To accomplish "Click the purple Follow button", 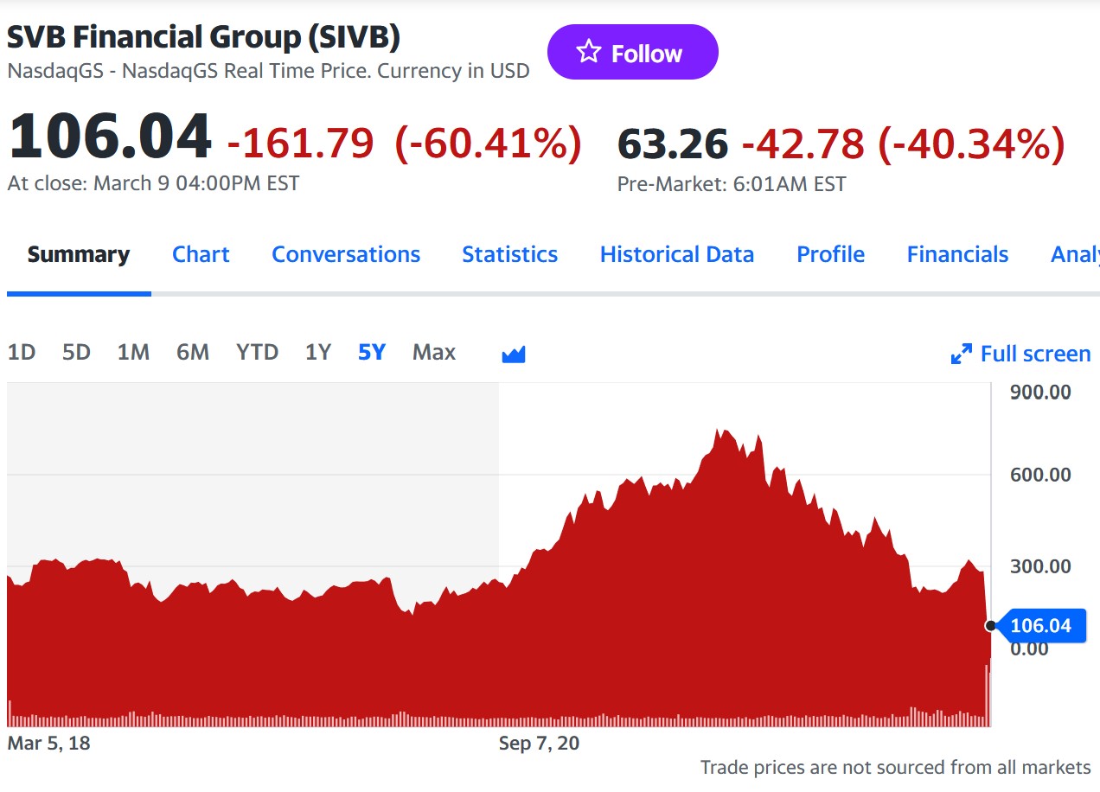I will [632, 53].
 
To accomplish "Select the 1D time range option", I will [22, 353].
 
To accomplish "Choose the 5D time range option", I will [76, 353].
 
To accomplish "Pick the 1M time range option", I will [133, 353].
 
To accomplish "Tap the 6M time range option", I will [192, 353].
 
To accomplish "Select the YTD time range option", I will [257, 353].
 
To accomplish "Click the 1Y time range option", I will [318, 353].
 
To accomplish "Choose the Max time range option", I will [433, 353].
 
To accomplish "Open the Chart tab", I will [201, 255].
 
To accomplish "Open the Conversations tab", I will [346, 255].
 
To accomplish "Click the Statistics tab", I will [509, 255].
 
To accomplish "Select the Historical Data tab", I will [676, 255].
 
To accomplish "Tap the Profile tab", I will [830, 255].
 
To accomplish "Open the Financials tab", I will [957, 255].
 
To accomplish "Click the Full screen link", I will [1021, 354].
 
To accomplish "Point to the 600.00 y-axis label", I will [1039, 475].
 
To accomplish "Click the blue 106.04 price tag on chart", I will [1040, 626].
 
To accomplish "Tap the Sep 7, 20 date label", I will [539, 744].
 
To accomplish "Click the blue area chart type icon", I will [514, 354].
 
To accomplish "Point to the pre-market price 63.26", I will [673, 144].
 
